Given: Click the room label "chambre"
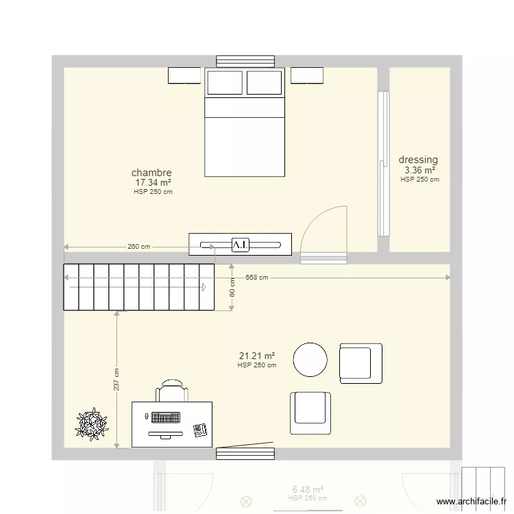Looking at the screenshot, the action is [151, 173].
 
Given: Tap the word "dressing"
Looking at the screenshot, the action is [418, 160].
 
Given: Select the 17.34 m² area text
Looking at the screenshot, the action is [153, 182].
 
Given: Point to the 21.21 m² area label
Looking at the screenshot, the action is [257, 356].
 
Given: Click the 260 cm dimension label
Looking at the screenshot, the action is [138, 247].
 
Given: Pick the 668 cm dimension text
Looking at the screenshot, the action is [257, 278].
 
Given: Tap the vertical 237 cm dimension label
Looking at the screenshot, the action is [117, 380].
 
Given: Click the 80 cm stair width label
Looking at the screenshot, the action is [232, 287].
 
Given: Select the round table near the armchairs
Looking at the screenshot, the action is [310, 360].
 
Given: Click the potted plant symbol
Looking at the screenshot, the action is [92, 424].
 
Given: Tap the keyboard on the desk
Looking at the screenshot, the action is [166, 417].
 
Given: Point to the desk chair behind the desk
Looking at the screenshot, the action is [172, 391].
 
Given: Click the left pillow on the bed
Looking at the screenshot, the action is [225, 82].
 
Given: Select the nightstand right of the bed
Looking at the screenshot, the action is [307, 75].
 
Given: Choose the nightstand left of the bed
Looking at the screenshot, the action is [184, 75].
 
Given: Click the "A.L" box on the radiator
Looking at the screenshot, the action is [241, 245].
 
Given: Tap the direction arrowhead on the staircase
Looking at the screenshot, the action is [204, 287].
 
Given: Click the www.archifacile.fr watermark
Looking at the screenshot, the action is [472, 502].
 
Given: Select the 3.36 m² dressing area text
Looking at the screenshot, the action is [420, 171].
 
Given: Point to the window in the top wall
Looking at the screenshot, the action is [245, 61].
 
